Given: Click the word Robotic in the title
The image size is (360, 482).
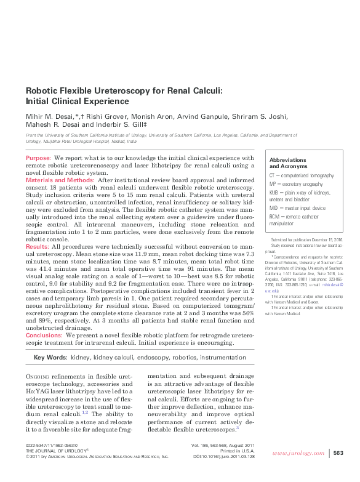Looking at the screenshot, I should click(44, 90).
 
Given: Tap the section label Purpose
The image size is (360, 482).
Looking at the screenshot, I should click(38, 158).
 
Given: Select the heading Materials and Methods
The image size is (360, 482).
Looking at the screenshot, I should click(60, 180).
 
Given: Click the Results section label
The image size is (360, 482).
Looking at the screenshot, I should click(37, 246).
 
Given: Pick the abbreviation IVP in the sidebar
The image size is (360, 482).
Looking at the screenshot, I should click(273, 184).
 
